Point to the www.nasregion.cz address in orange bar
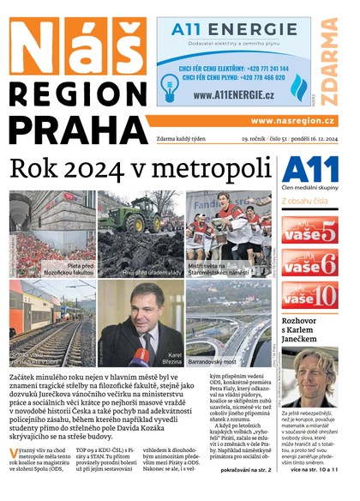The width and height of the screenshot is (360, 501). [x=293, y=121]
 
